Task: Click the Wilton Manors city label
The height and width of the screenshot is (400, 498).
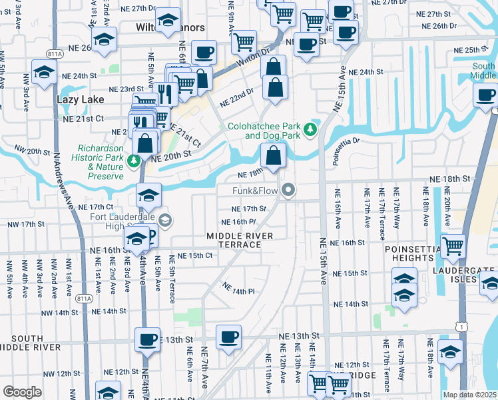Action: [x=160, y=28]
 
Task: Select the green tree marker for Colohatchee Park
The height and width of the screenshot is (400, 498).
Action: [x=309, y=130]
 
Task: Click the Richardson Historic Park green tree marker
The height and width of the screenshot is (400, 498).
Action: [x=134, y=161]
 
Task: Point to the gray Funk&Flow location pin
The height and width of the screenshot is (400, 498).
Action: [x=288, y=191]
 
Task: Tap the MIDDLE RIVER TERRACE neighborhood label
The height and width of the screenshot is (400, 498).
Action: [x=240, y=240]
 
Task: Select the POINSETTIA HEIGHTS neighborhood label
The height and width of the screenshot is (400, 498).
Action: [x=409, y=253]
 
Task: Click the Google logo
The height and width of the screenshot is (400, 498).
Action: [x=21, y=391]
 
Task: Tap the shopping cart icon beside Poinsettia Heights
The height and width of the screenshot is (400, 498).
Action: [x=453, y=246]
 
